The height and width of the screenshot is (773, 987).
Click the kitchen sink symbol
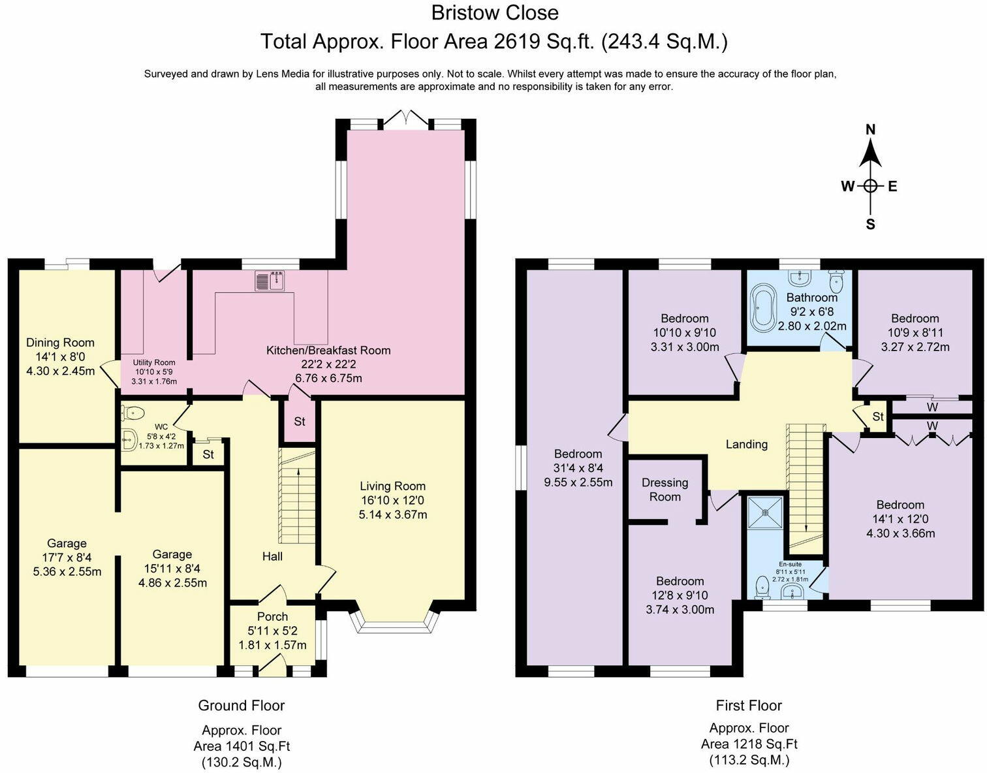pos(270,281)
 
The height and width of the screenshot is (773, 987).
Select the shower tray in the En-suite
pos(766,513)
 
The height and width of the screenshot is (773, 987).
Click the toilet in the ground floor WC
pos(133,413)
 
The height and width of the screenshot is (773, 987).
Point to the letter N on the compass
pos(870,130)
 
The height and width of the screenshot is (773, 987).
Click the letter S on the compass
pos(870,225)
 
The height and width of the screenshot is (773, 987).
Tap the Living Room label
pos(393,486)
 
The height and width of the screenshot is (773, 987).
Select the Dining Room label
pos(61,343)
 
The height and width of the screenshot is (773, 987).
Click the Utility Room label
pos(154,363)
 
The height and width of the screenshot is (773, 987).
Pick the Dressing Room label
pos(665,490)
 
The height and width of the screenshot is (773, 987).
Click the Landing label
pos(747,444)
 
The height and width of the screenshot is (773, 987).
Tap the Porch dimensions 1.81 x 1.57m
pos(272,645)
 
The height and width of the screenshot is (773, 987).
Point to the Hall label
pos(272,556)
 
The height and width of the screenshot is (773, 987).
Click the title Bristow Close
pos(495,12)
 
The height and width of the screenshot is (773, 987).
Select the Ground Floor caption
pos(241,705)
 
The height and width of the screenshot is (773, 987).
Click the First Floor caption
pos(749,705)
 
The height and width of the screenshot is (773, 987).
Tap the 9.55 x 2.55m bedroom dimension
pos(578,482)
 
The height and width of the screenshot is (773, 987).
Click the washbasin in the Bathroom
pos(798,278)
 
